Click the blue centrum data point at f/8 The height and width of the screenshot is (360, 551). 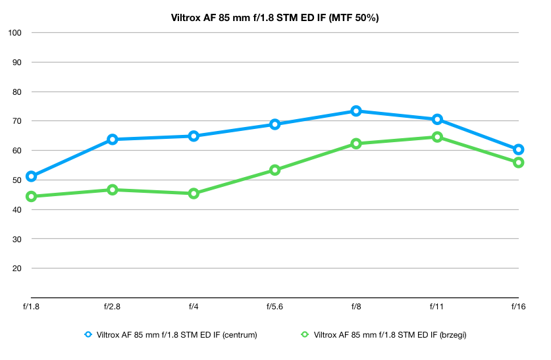point(355,106)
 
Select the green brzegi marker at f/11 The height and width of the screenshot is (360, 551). point(437,132)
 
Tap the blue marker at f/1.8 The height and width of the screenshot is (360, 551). point(32,171)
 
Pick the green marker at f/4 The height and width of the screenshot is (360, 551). point(194,188)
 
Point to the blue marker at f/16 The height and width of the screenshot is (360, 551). point(518,144)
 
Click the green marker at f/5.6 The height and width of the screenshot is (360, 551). point(275,165)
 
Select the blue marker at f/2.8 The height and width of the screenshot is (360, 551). point(113,134)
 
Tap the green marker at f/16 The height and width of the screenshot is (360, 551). point(518,157)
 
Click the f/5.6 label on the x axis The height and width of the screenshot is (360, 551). point(275,307)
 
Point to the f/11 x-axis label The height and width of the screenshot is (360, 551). point(436,307)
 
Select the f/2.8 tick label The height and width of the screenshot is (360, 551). point(112,307)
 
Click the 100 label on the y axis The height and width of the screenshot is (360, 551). point(14,33)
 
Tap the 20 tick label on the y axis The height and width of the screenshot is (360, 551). point(17,269)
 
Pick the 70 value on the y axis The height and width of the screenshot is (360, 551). point(17,121)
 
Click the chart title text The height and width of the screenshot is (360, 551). point(275,18)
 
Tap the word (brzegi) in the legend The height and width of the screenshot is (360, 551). point(453,335)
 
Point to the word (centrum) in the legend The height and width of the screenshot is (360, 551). point(240,335)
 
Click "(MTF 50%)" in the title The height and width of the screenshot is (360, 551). point(354,18)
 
